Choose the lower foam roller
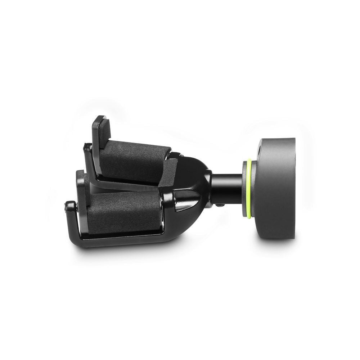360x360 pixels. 122,212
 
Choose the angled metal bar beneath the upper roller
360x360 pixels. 122,184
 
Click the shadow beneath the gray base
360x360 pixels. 281,248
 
